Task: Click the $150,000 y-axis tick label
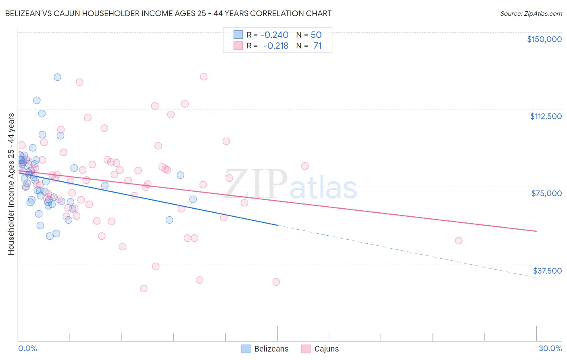(544, 39)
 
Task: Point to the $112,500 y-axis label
(546, 116)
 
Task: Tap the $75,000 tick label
(546, 193)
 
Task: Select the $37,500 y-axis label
(547, 271)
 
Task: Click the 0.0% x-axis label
(27, 348)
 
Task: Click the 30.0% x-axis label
(550, 348)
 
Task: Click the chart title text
(168, 13)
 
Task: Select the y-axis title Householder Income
(11, 184)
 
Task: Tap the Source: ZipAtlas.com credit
(531, 13)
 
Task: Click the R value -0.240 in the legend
(274, 35)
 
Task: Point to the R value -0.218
(276, 46)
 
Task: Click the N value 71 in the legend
(317, 46)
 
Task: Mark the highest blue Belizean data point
(57, 77)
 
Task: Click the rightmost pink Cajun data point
(459, 241)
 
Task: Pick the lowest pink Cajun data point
(144, 289)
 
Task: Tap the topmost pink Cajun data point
(204, 77)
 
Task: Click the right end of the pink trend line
(536, 231)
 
